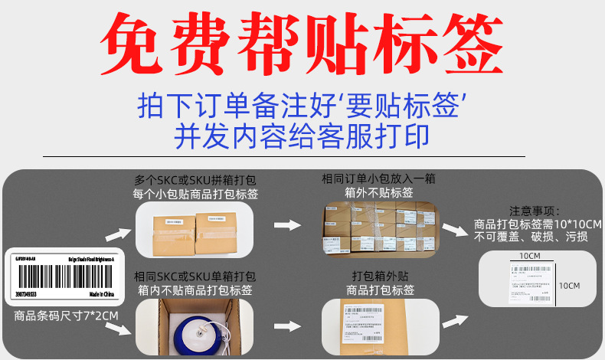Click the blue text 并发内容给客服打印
click(302, 136)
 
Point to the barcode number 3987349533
click(30, 293)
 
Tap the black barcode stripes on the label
click(60, 275)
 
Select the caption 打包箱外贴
click(380, 276)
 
